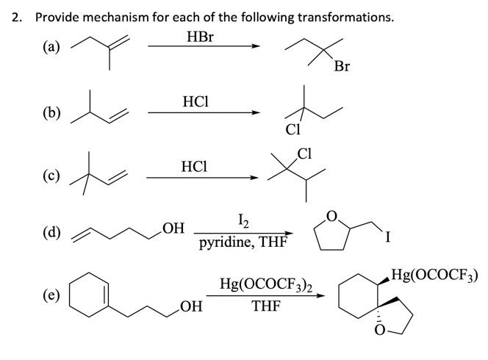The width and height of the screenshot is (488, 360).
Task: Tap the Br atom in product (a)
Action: pyautogui.click(x=341, y=67)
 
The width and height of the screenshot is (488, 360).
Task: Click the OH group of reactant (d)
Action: pyautogui.click(x=173, y=227)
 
